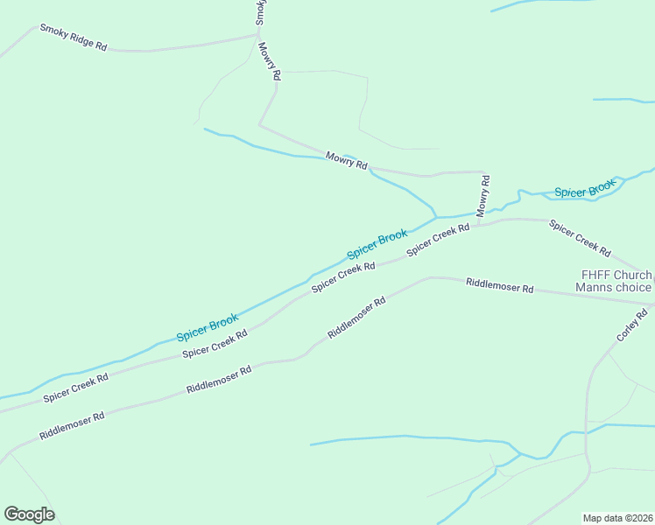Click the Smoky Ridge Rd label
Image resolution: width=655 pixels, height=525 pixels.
[74, 38]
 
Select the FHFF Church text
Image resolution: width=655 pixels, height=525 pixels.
[612, 274]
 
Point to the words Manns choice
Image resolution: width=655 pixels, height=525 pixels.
[613, 287]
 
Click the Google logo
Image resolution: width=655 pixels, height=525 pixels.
[29, 514]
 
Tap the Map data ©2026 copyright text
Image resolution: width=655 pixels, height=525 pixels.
[617, 518]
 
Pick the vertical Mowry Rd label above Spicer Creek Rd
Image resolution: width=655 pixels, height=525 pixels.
[483, 195]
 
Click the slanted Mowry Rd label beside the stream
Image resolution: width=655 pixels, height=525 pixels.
[346, 160]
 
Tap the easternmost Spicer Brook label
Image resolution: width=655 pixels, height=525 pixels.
[584, 190]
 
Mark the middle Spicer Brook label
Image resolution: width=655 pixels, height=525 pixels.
[377, 244]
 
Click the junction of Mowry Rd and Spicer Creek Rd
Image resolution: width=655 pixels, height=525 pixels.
[479, 225]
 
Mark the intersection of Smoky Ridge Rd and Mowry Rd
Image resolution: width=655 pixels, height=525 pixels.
[257, 35]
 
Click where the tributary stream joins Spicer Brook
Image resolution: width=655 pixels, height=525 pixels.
[436, 216]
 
